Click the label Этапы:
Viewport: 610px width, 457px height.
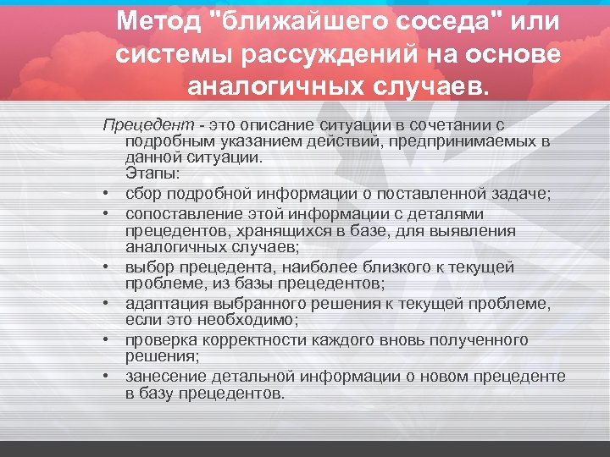click(x=147, y=173)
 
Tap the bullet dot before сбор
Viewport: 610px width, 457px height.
click(x=110, y=195)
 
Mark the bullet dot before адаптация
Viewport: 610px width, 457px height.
click(x=110, y=303)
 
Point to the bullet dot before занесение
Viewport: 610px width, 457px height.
click(x=110, y=376)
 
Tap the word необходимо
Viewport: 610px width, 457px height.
click(x=248, y=320)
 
